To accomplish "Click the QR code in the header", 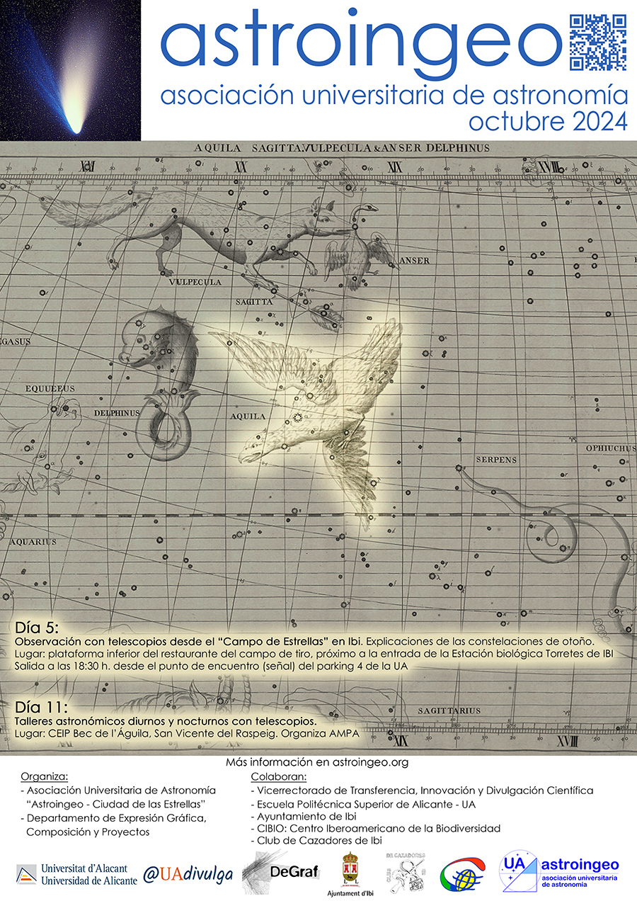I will [x=598, y=42].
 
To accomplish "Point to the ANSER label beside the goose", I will [x=414, y=261].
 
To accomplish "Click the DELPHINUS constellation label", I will [x=115, y=411].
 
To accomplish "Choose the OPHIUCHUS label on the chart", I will [x=610, y=448].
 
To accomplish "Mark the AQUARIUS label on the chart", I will [x=33, y=542].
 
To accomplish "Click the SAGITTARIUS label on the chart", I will [x=449, y=710].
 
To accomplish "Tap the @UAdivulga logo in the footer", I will [x=188, y=874].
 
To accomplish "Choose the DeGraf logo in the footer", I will [x=280, y=871].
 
